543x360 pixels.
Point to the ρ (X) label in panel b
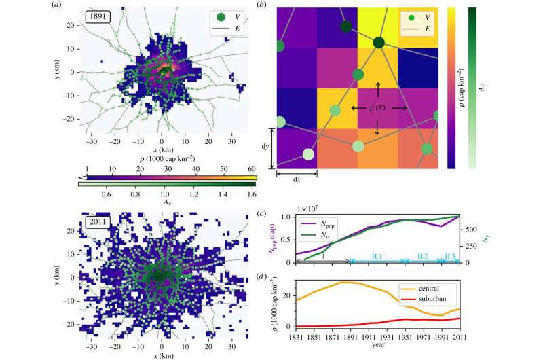pyautogui.click(x=379, y=108)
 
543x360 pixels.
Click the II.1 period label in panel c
pyautogui.click(x=377, y=256)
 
